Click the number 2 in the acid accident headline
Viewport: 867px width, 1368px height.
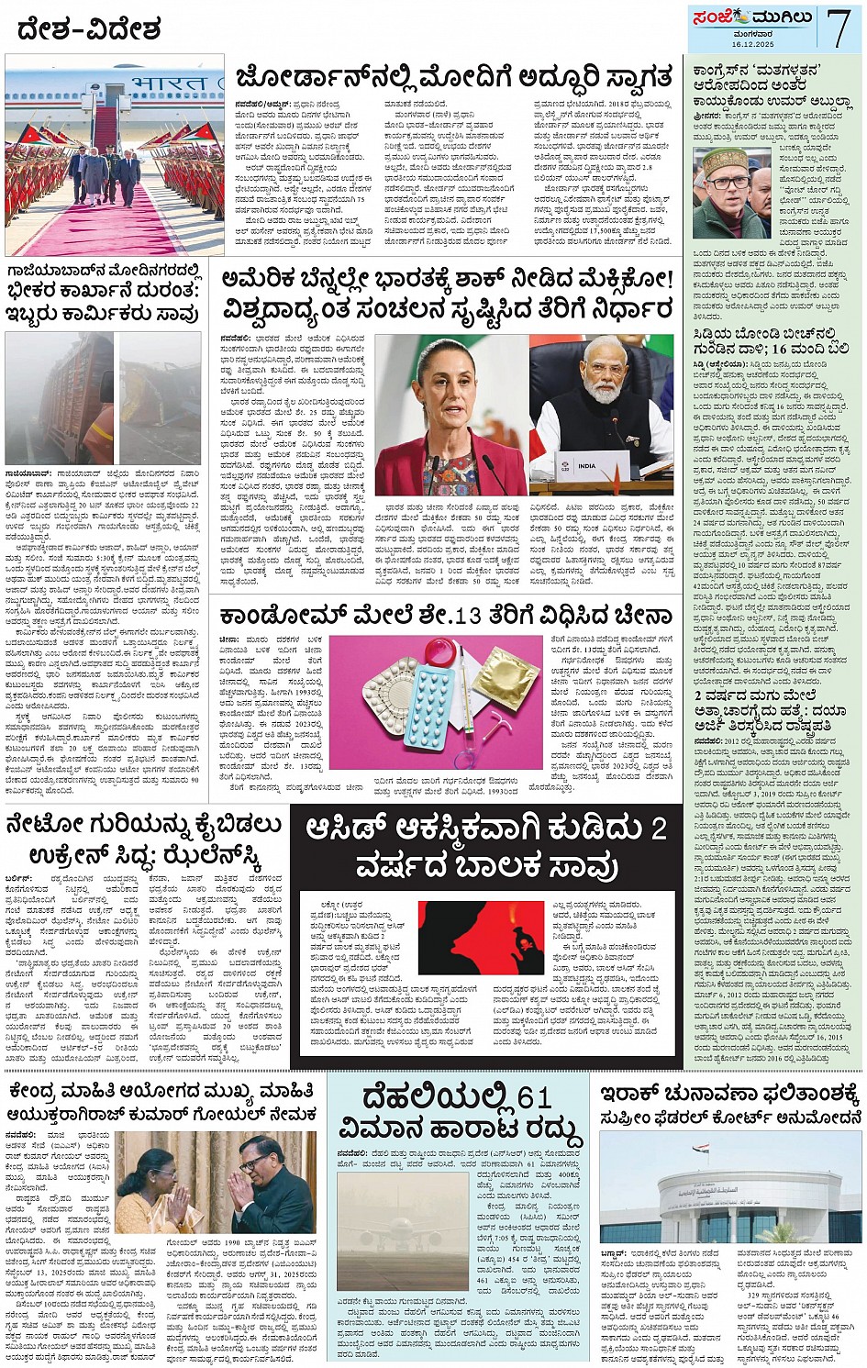click(x=658, y=829)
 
